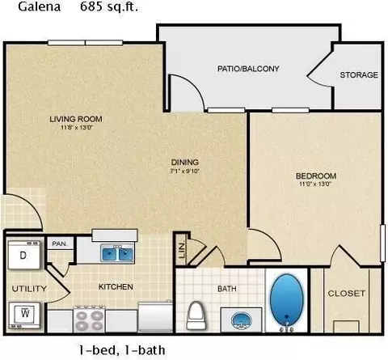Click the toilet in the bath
click(x=196, y=316)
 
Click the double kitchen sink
click(x=117, y=253)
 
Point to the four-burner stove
click(x=89, y=319)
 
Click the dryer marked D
click(x=24, y=256)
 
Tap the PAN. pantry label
click(x=60, y=244)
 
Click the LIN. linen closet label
click(x=182, y=250)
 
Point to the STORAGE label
click(x=359, y=75)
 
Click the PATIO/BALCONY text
click(x=248, y=69)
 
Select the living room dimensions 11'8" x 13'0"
click(x=77, y=128)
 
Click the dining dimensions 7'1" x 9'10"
click(x=185, y=171)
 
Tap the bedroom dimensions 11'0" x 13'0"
click(x=315, y=184)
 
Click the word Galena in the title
click(x=40, y=7)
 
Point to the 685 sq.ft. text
click(x=109, y=7)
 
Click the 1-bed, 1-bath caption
click(x=122, y=350)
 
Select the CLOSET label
click(x=347, y=293)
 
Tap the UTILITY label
click(x=29, y=289)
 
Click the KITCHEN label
click(x=116, y=286)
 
